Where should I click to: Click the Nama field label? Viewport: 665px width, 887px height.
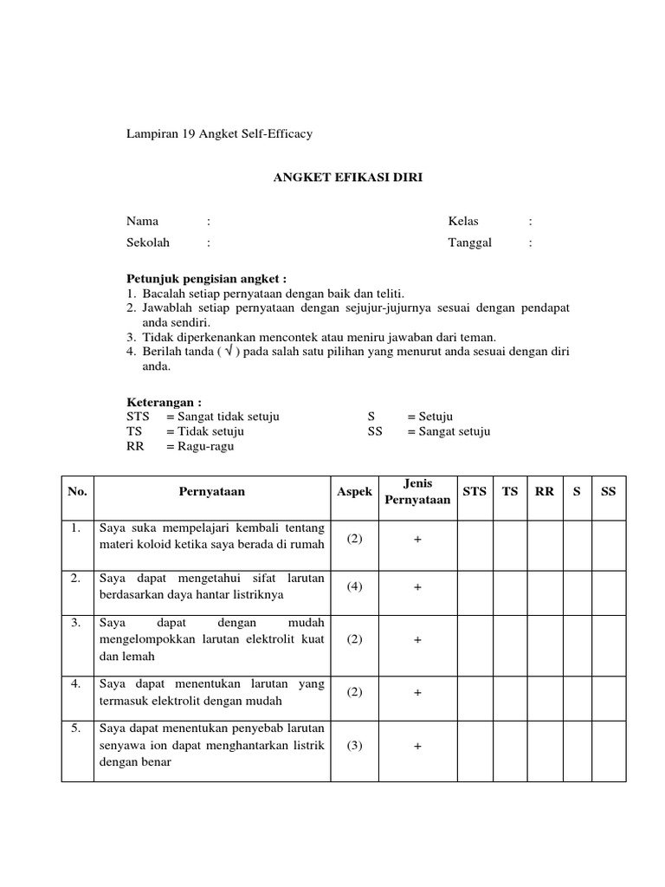(143, 221)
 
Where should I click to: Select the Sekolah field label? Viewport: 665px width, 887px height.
(148, 243)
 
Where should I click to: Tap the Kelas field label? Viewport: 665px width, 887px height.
(463, 221)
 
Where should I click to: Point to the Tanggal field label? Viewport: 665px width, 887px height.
(469, 243)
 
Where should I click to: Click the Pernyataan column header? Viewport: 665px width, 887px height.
(211, 491)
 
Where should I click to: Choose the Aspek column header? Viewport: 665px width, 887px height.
(354, 491)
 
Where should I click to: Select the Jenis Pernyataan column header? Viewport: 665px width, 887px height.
(417, 491)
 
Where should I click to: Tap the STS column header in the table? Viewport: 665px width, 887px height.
(475, 491)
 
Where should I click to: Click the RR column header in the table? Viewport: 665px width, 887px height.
(544, 491)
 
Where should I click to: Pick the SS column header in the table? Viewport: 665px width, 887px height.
(608, 491)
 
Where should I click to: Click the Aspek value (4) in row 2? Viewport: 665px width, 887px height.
(354, 586)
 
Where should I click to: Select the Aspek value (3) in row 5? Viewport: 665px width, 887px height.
(354, 747)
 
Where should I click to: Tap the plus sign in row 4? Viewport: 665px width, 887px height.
(417, 693)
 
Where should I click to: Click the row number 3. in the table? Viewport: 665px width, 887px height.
(76, 623)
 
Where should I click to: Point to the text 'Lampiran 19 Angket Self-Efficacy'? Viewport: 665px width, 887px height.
(219, 134)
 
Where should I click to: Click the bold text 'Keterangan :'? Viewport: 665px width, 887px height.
(164, 403)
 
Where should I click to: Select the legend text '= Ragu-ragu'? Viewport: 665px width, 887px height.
(200, 446)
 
